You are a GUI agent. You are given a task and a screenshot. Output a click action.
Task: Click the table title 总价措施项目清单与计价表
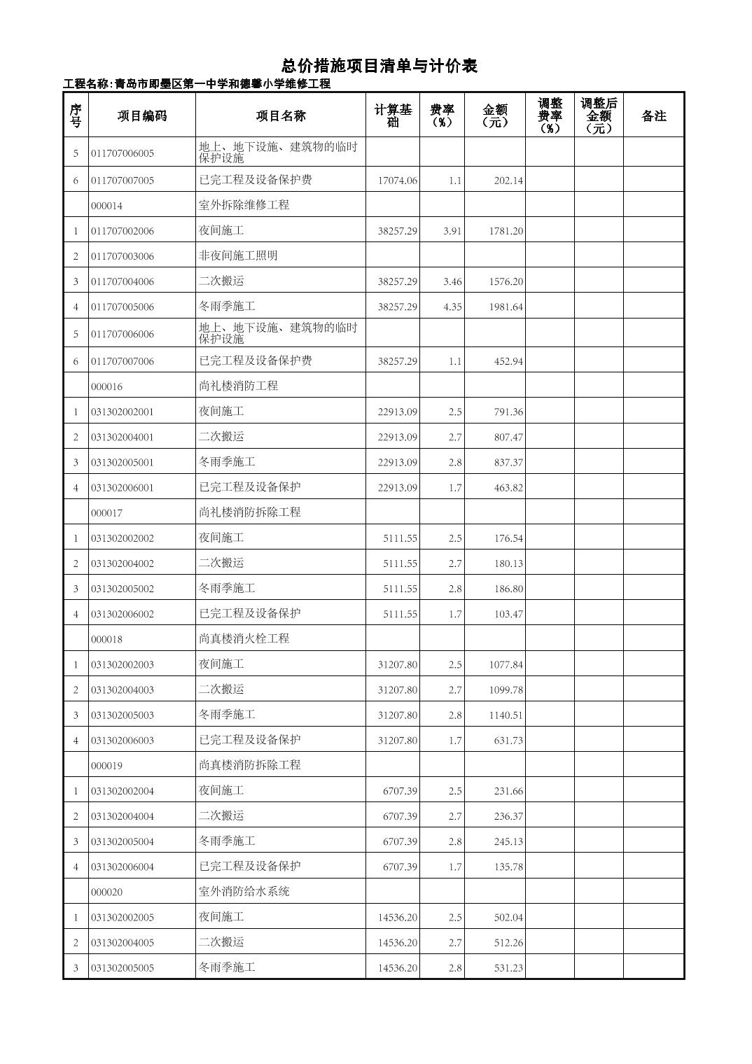tap(379, 66)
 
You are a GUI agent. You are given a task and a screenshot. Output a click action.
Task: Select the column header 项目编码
tap(142, 116)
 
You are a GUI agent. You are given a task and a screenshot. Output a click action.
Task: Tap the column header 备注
tap(653, 116)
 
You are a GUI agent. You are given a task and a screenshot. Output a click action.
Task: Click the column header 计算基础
tap(393, 115)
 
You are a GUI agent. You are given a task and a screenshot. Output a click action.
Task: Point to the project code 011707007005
tap(123, 181)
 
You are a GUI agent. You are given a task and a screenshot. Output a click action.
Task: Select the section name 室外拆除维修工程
tap(244, 205)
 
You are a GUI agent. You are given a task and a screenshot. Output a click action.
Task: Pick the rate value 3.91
tap(452, 231)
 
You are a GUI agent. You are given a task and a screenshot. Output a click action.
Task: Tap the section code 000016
tap(106, 386)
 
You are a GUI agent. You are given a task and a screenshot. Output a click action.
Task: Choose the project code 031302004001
tap(123, 437)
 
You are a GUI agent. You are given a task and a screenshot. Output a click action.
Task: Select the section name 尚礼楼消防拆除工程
tap(249, 512)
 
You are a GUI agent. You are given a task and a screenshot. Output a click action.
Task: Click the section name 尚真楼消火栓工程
tap(244, 638)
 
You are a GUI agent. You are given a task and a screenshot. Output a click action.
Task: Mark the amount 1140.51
tap(506, 715)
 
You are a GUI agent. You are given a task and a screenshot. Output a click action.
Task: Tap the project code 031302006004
tap(123, 867)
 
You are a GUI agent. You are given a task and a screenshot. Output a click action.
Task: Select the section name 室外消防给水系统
tap(244, 891)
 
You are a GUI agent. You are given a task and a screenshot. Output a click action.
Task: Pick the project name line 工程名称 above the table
tap(197, 84)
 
